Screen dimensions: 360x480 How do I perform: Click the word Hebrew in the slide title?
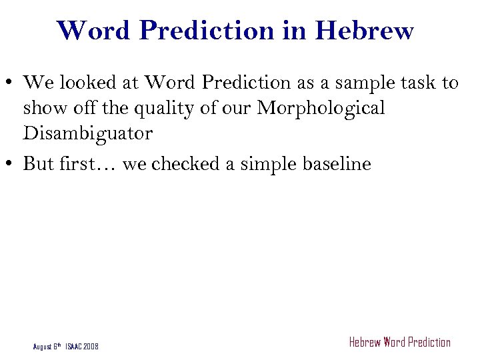[x=365, y=31]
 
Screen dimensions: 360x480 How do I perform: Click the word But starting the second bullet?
[x=39, y=163]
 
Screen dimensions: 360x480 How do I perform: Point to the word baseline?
[x=337, y=163]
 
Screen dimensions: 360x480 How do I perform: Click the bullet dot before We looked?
[x=11, y=84]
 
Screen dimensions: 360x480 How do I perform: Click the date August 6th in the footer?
[x=47, y=346]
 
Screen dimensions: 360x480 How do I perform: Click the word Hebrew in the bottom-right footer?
[x=365, y=343]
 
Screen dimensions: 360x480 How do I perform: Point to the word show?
[x=42, y=107]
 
